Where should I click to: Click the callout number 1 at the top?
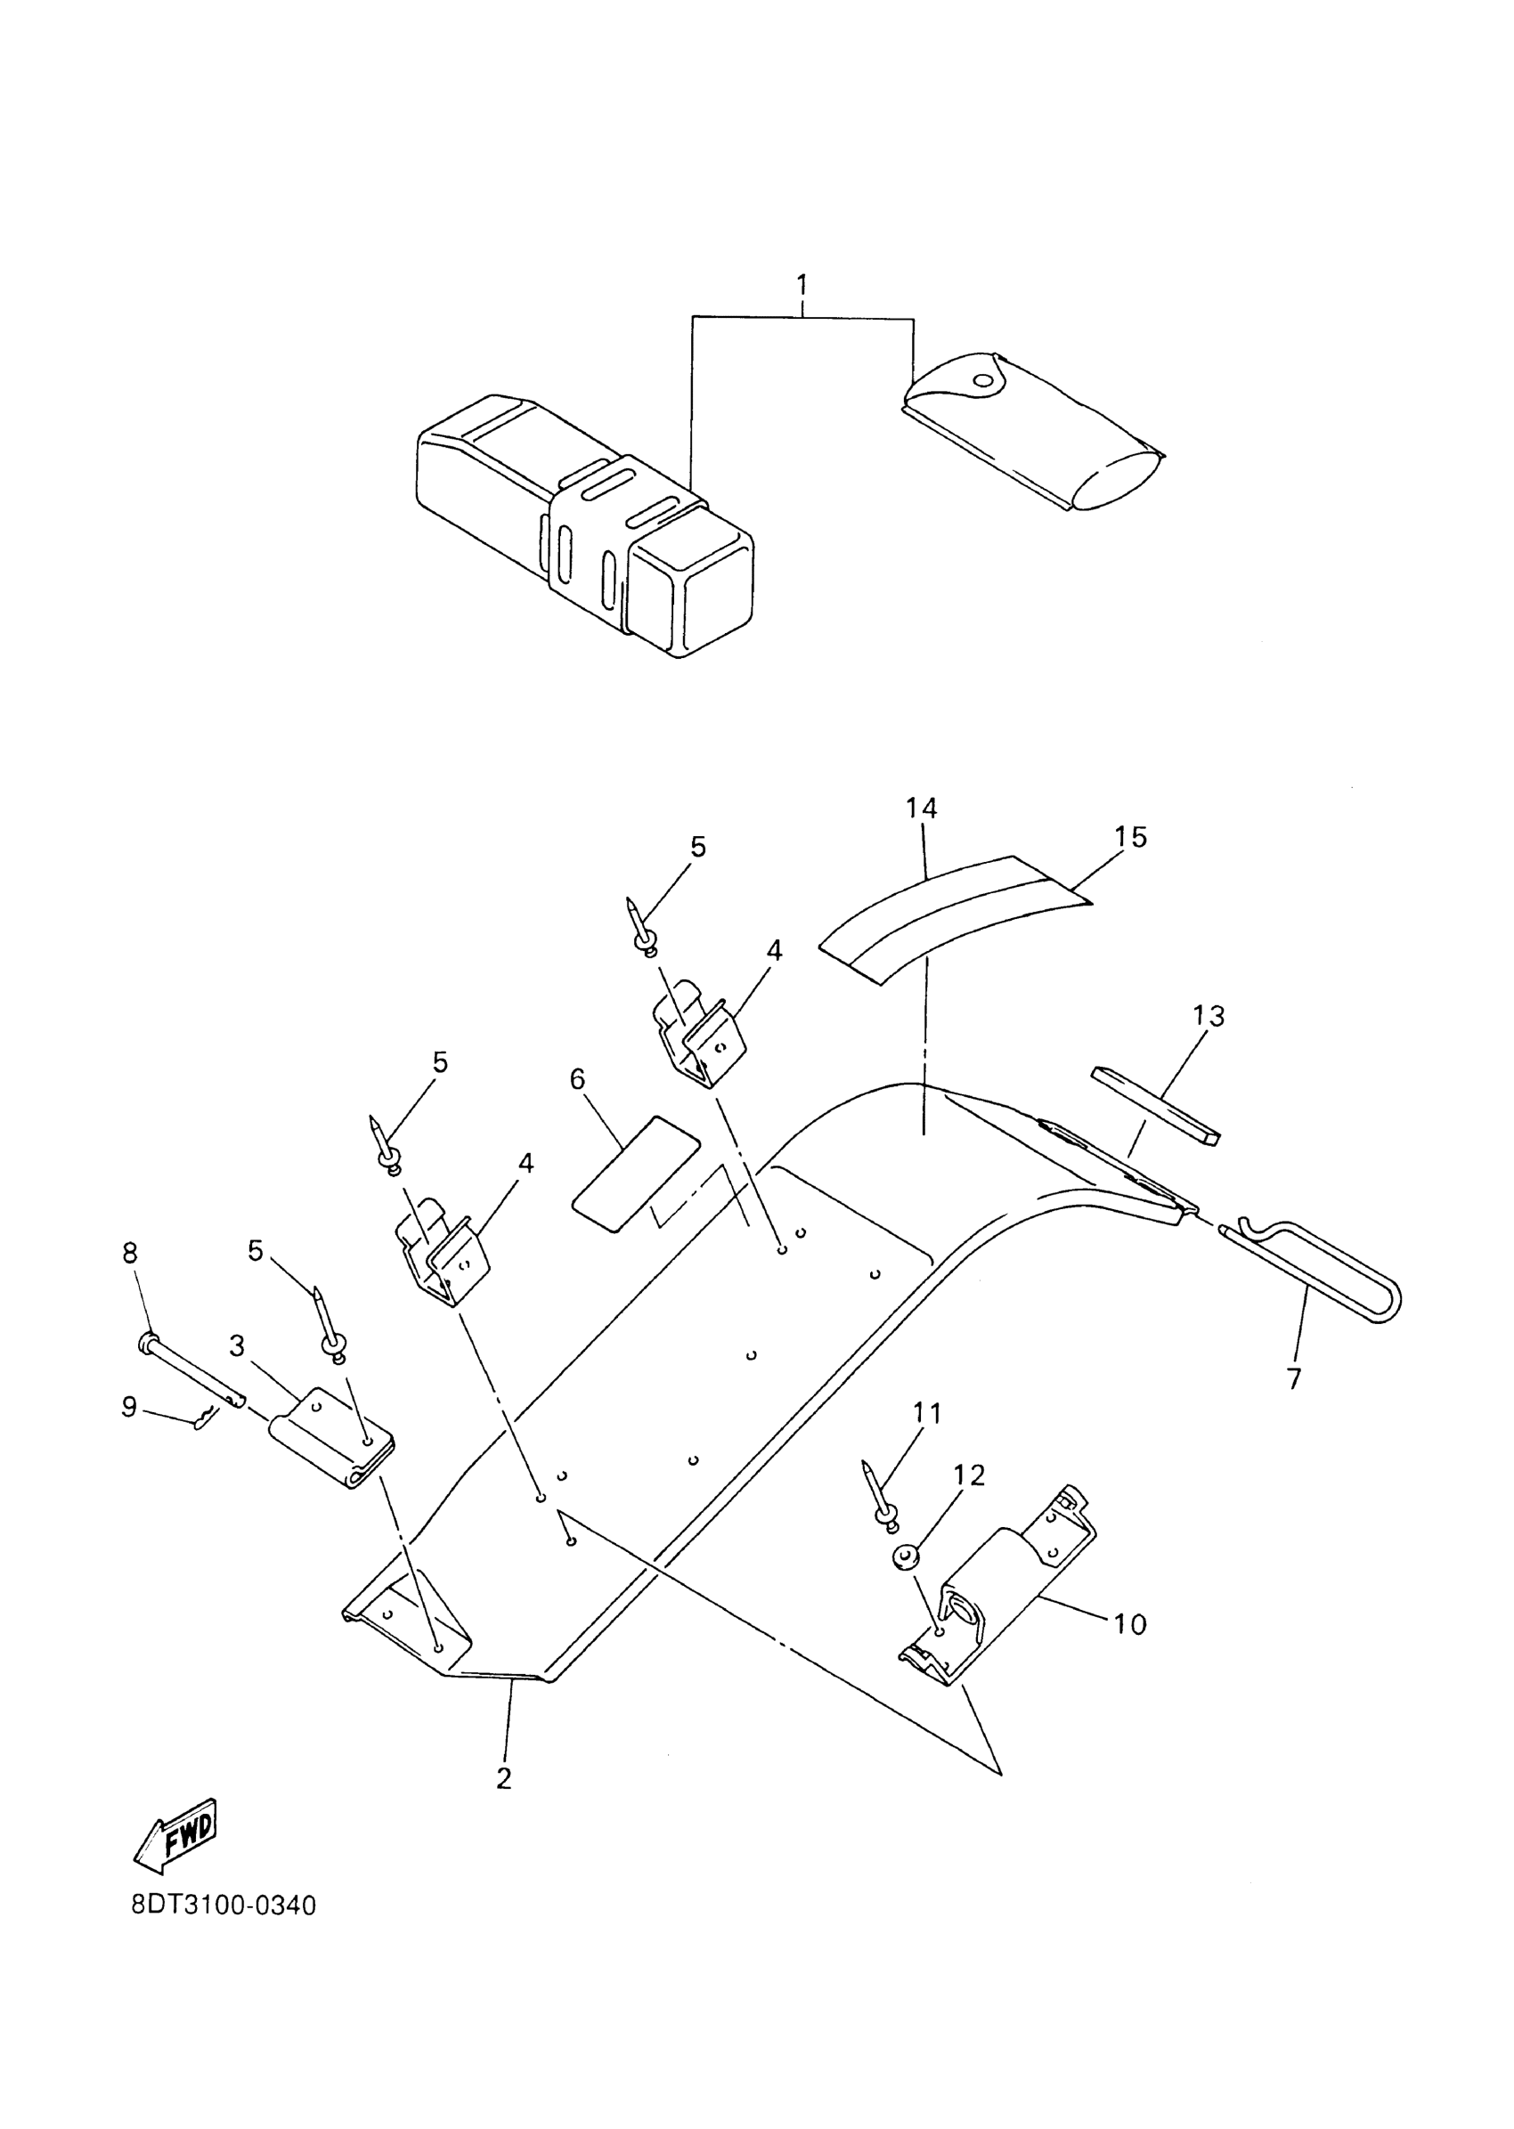(802, 284)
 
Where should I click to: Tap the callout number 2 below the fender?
(504, 1777)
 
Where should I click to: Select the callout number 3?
(237, 1346)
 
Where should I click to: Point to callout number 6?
(578, 1078)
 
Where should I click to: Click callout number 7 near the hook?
(1294, 1377)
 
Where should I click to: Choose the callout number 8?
(130, 1254)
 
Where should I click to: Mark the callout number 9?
(130, 1407)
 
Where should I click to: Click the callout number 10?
(1130, 1624)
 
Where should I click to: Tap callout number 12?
(970, 1475)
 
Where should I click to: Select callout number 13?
(1209, 1015)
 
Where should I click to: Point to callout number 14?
(921, 808)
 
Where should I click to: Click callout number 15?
(1130, 837)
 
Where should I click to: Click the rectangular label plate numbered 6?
(635, 1174)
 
